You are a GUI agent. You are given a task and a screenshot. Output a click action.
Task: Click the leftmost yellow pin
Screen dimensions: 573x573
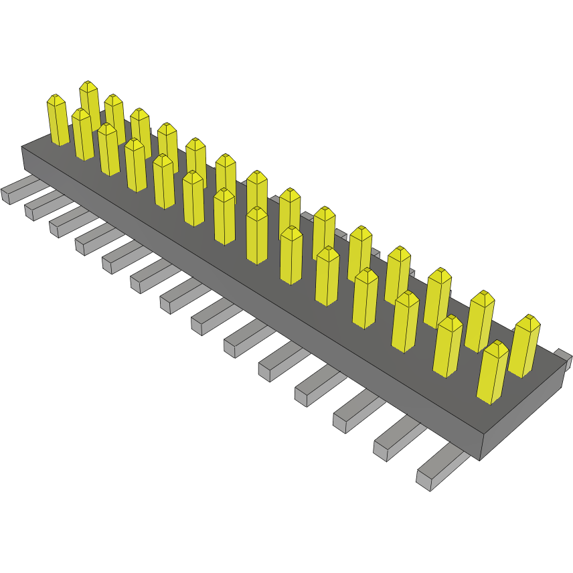point(58,120)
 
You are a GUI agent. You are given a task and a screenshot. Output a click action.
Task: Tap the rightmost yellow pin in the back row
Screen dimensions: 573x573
point(524,346)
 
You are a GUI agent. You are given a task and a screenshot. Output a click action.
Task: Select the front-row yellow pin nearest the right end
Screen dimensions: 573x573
point(492,372)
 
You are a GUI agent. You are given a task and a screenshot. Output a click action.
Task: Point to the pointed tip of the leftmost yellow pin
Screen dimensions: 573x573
point(56,97)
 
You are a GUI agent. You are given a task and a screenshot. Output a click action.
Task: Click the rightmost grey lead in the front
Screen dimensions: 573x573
point(442,468)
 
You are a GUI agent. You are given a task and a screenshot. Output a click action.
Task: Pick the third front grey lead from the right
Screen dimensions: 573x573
point(358,412)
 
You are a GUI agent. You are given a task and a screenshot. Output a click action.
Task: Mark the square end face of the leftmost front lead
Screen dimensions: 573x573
point(6,196)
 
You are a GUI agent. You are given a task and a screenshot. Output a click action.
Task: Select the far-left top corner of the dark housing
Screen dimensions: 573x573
point(22,147)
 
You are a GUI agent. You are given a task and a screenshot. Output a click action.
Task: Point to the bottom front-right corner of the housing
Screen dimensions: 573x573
point(480,459)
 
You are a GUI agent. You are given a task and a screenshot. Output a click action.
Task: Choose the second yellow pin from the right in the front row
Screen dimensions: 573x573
point(448,346)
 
